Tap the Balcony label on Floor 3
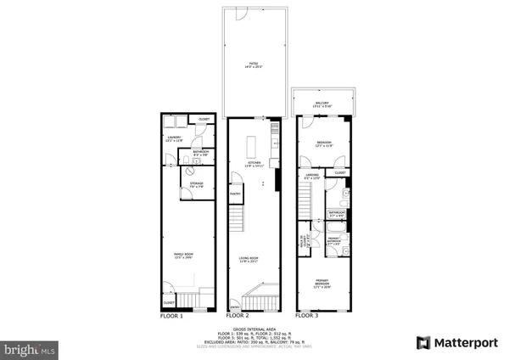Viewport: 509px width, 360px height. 322,104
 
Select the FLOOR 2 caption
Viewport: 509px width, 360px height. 244,316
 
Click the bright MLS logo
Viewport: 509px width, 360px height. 31,348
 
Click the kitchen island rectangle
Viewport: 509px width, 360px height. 252,138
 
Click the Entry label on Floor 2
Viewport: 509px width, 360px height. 235,307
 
